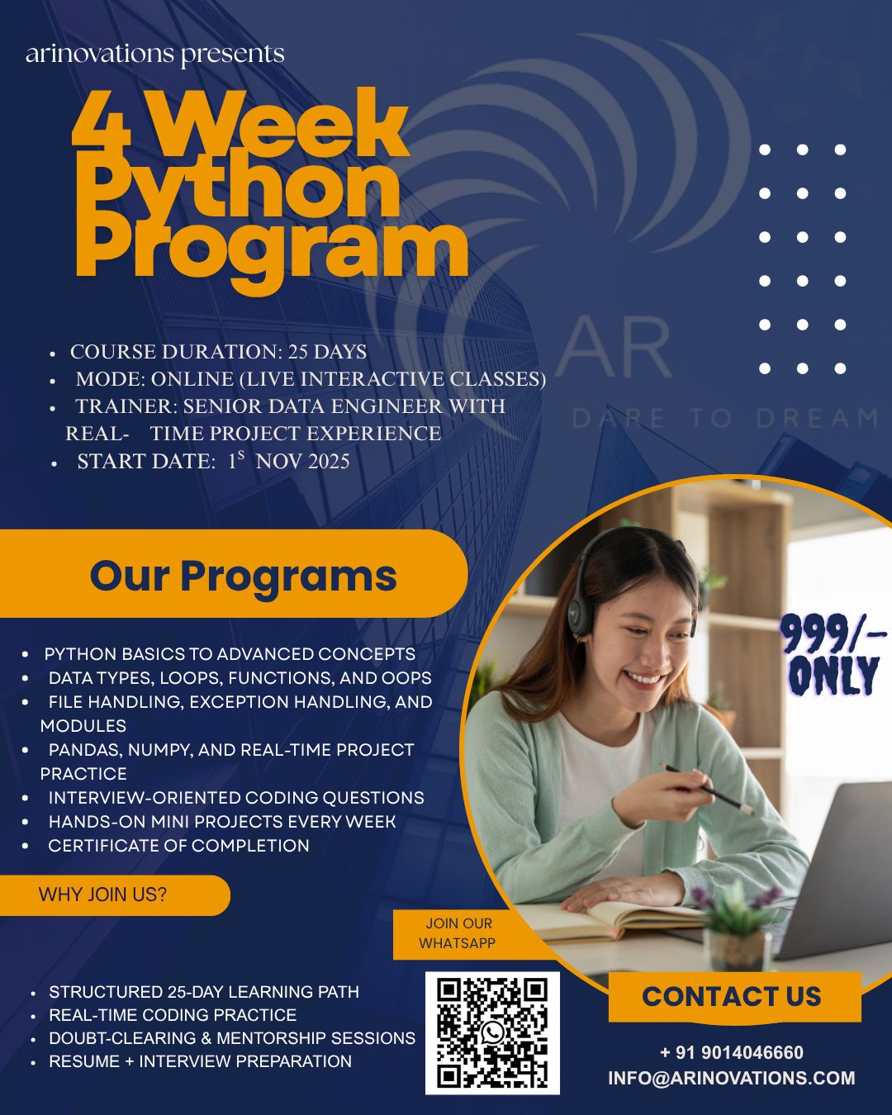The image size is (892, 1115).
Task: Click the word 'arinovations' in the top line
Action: point(99,54)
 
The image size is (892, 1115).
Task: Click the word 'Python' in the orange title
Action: point(240,188)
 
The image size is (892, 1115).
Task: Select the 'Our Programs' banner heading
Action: point(243,576)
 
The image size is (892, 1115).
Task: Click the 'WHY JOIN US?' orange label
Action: point(102,894)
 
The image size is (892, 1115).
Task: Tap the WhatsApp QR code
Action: point(492,1033)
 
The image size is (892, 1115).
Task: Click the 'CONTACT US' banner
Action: point(732,995)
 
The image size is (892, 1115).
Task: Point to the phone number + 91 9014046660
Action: point(732,1051)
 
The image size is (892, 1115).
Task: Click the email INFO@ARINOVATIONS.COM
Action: point(731,1078)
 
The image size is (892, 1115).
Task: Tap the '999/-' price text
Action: point(833,633)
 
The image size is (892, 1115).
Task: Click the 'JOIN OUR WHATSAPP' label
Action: point(458,933)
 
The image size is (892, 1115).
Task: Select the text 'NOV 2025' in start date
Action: point(302,461)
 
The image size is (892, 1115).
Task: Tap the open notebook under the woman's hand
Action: point(617,919)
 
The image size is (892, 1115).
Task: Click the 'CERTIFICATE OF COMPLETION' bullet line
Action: point(179,846)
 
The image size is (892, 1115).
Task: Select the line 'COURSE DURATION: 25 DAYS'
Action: point(218,352)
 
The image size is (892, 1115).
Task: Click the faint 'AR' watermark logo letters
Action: point(615,347)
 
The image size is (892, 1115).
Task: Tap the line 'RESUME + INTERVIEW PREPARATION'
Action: point(200,1061)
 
